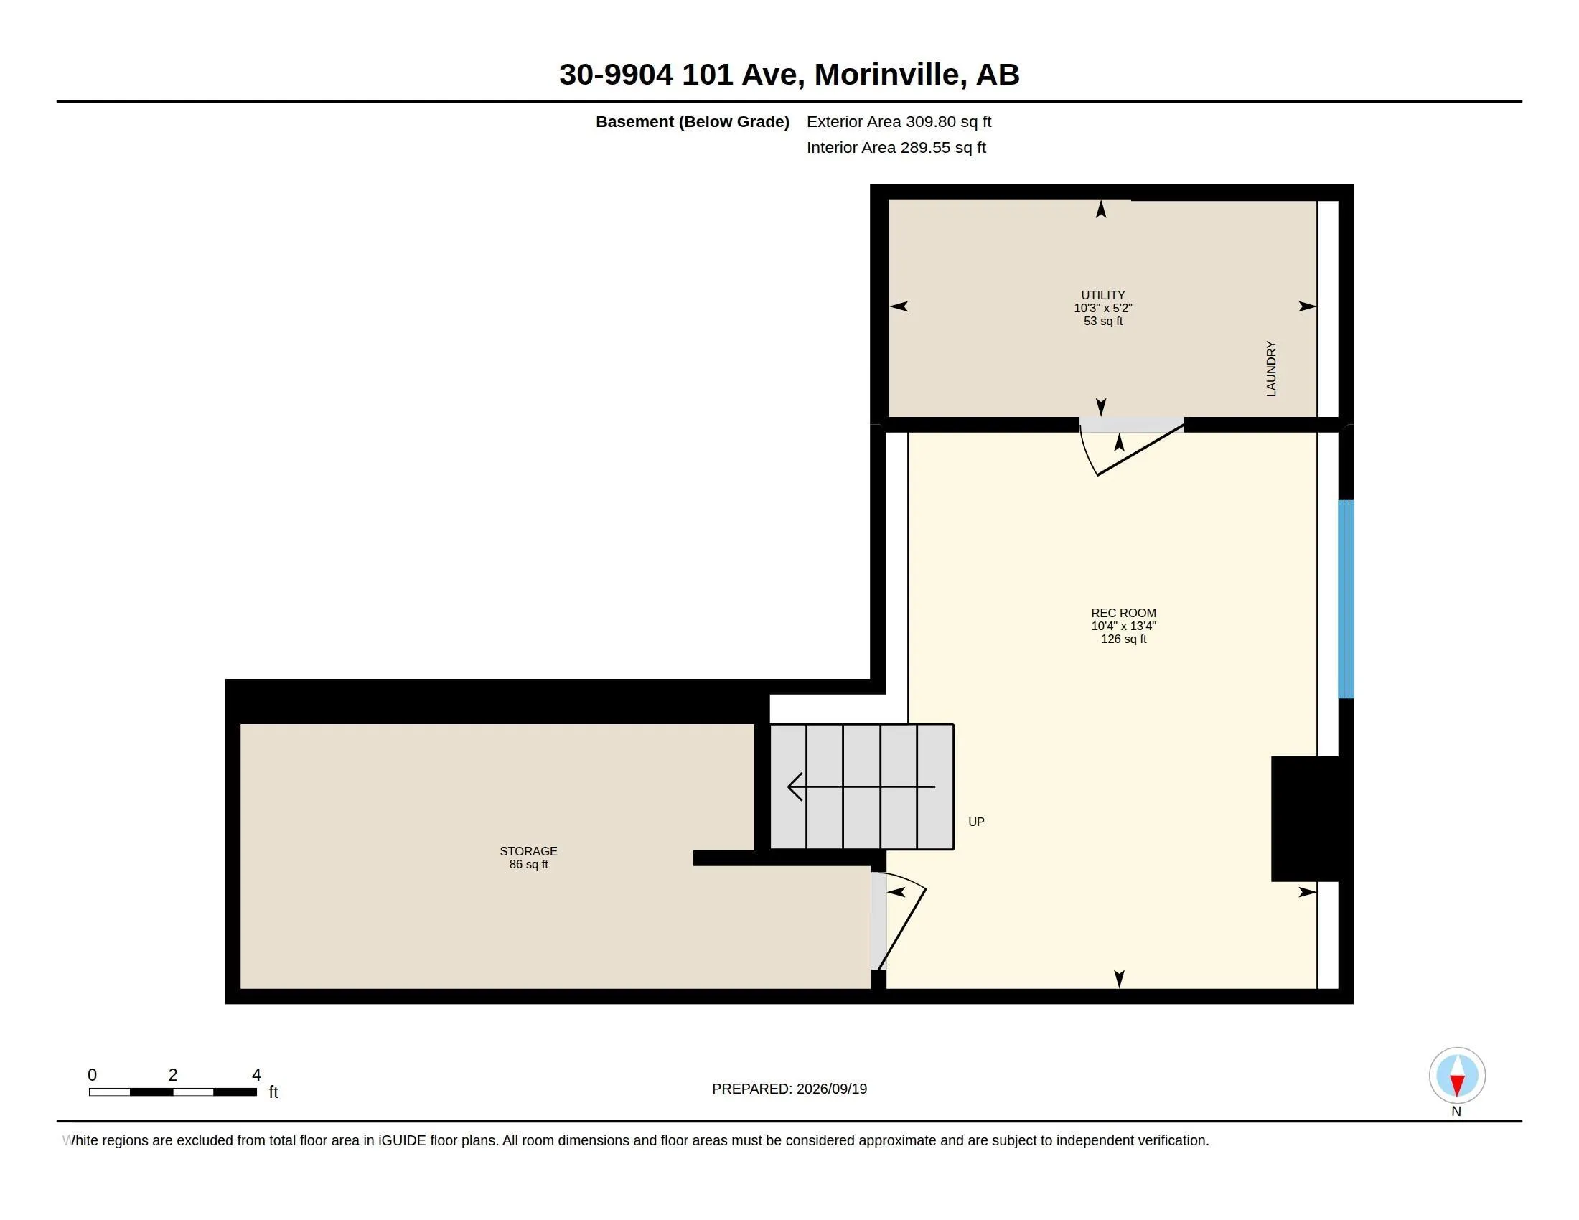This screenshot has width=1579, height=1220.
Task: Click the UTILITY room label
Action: pos(1102,295)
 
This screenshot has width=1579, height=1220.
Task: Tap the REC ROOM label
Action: pos(1123,613)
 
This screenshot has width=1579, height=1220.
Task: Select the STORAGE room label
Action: pos(528,851)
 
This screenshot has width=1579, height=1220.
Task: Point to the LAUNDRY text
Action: pos(1271,369)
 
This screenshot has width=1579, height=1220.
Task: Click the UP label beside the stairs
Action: pos(976,822)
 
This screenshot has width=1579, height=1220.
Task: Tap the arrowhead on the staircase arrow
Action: pos(795,787)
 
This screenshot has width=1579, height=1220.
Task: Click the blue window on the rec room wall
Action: pos(1346,599)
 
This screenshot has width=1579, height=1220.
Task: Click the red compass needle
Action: pos(1457,1085)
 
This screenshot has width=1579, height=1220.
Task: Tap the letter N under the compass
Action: pos(1456,1112)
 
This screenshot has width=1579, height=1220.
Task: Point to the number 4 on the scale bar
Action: pos(256,1075)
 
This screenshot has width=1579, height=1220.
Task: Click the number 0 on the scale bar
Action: pos(92,1075)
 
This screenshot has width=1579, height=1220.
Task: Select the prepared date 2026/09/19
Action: pos(831,1089)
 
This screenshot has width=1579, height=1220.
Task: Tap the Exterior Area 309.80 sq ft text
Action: pos(899,121)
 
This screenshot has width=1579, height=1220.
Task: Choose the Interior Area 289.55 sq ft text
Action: pos(896,147)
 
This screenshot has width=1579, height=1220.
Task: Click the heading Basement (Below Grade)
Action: pos(692,121)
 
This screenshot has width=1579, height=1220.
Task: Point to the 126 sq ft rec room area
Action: pos(1123,639)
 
